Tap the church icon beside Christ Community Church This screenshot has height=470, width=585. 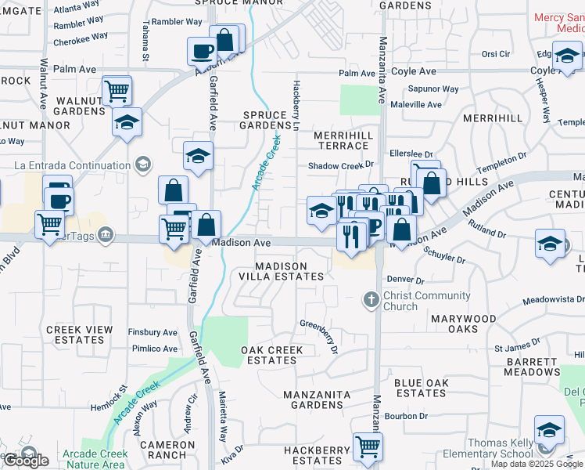point(372,299)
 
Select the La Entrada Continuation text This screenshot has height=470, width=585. point(73,165)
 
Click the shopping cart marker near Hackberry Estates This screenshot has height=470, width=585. point(368,446)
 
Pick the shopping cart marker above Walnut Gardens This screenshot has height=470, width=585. point(117,89)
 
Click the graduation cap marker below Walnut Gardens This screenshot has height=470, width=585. point(127,123)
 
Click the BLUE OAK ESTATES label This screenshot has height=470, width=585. point(420,388)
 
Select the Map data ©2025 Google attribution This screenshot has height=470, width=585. point(537,464)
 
